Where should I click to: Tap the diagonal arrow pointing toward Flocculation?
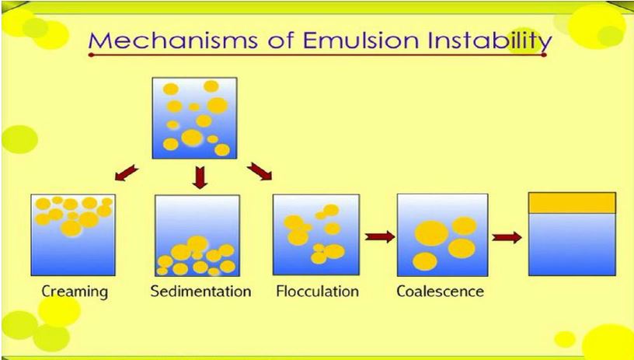pyautogui.click(x=260, y=170)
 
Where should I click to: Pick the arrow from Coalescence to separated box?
pyautogui.click(x=507, y=236)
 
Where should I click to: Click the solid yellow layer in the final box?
pyautogui.click(x=572, y=202)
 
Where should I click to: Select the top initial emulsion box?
pyautogui.click(x=193, y=117)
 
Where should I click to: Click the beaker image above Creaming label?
pyautogui.click(x=73, y=235)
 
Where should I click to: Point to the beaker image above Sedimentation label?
pyautogui.click(x=197, y=235)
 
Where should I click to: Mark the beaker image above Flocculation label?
pyautogui.click(x=316, y=235)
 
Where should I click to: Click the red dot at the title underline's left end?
pyautogui.click(x=91, y=55)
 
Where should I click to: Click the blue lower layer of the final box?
pyautogui.click(x=572, y=243)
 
